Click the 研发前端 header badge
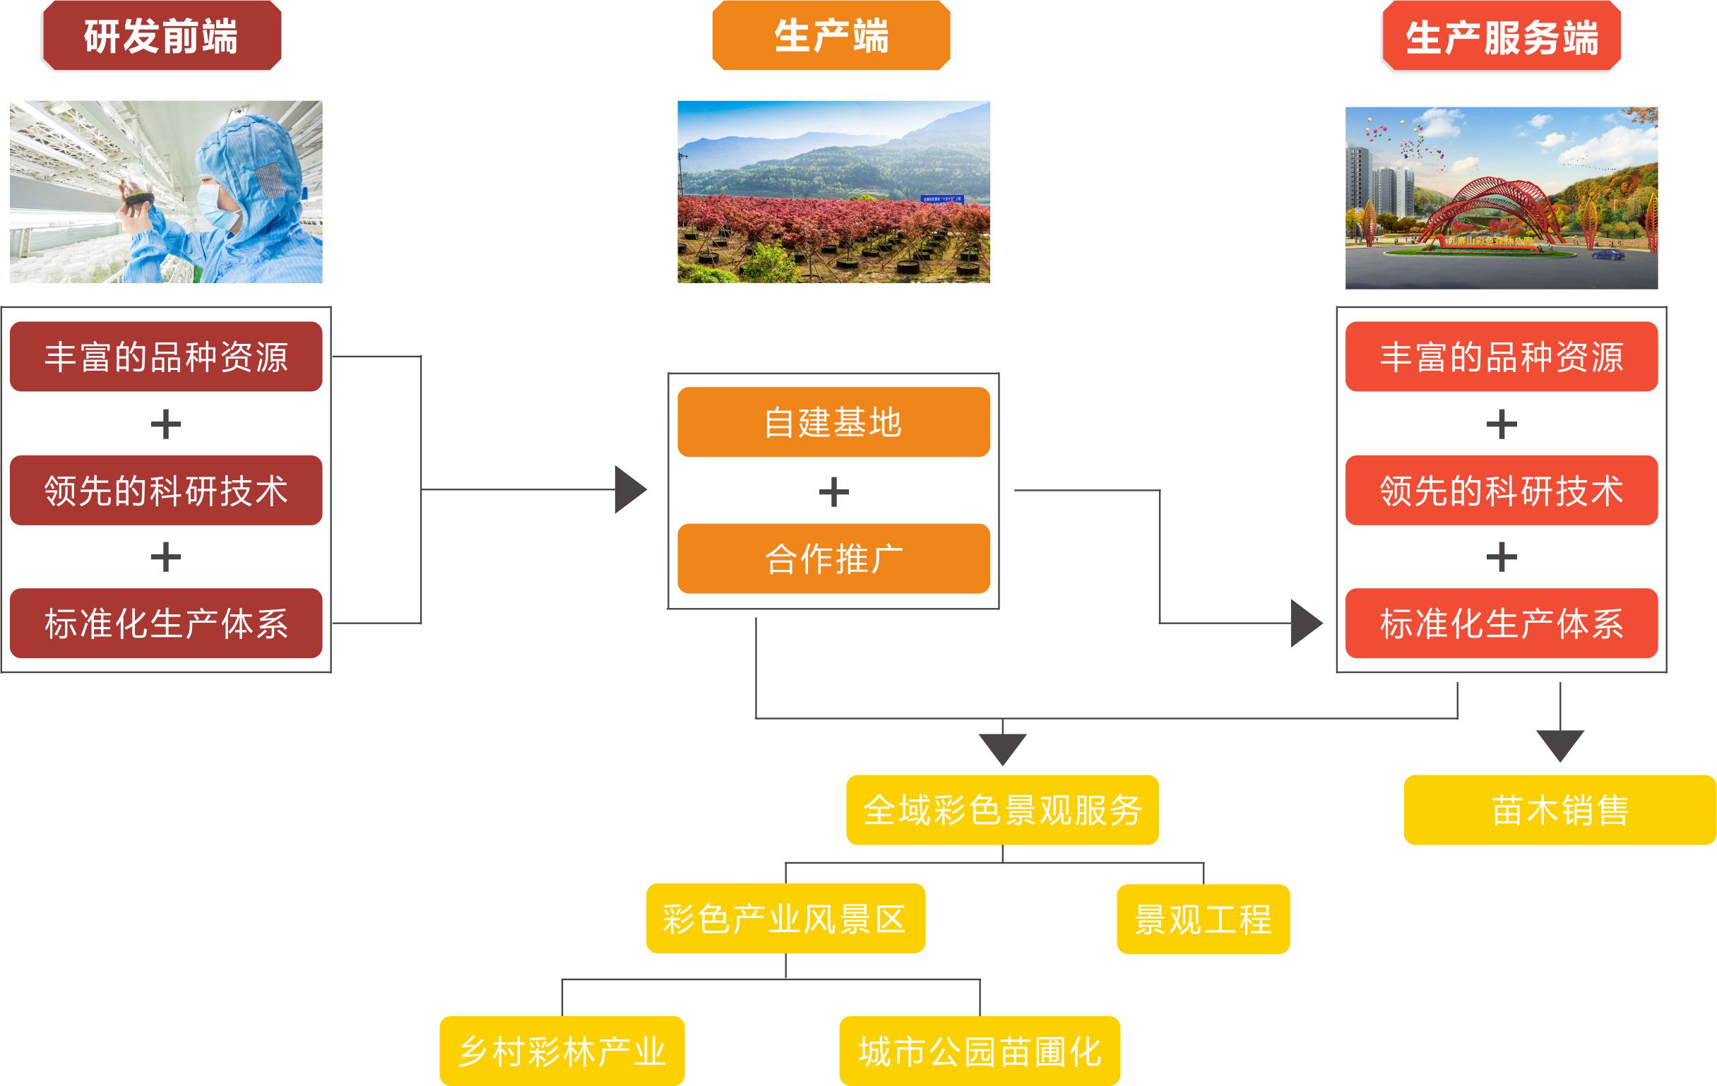(162, 35)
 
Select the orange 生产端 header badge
(831, 35)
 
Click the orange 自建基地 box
(833, 422)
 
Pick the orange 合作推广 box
(833, 559)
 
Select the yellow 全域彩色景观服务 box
(1002, 810)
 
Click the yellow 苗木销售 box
(1559, 810)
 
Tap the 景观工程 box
(1203, 919)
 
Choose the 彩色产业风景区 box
(785, 919)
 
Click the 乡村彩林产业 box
(562, 1051)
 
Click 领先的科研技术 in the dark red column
(165, 491)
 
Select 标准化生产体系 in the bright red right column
(1501, 623)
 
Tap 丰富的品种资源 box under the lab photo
(165, 357)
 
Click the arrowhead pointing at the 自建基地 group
(629, 489)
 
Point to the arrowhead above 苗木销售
(1560, 744)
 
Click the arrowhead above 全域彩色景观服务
(1002, 748)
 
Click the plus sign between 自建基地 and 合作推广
(833, 492)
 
